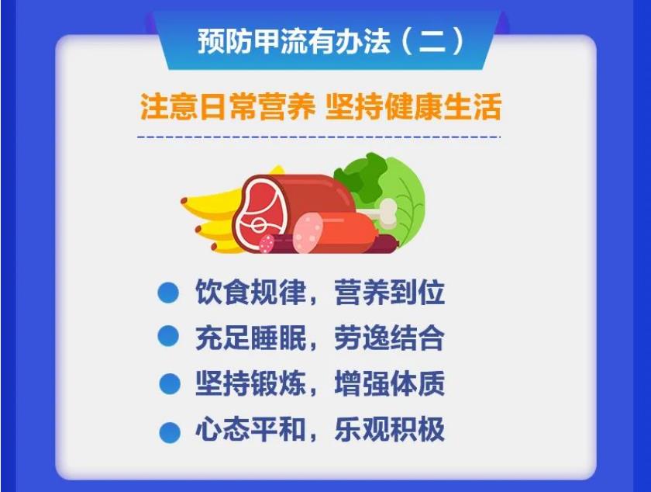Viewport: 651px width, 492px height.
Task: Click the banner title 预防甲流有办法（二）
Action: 331,41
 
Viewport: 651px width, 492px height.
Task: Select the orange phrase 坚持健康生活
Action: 414,107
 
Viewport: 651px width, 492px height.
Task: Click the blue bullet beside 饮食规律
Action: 168,293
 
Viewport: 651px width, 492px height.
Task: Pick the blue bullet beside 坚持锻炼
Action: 170,383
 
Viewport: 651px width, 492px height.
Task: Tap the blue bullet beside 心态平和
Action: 170,432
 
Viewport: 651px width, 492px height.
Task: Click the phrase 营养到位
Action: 389,292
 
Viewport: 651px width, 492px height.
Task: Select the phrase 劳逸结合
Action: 389,338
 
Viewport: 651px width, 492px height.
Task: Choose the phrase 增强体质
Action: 389,383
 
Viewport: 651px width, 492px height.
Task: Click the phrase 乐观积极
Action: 389,428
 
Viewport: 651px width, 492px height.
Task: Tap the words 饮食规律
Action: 250,292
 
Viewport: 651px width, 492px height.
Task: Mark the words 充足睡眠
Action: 250,338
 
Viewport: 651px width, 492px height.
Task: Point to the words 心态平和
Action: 250,428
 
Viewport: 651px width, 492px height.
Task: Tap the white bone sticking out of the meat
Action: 384,212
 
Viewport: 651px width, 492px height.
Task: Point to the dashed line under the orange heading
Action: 319,137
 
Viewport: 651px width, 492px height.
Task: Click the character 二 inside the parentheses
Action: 432,42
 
